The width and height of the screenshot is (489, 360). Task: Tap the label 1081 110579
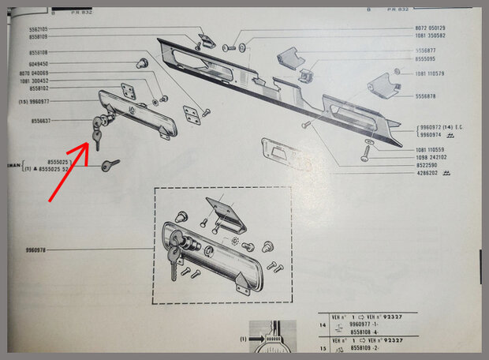(x=430, y=73)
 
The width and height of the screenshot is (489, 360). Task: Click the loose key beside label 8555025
(x=110, y=165)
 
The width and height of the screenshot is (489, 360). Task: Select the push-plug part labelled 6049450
(x=143, y=61)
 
